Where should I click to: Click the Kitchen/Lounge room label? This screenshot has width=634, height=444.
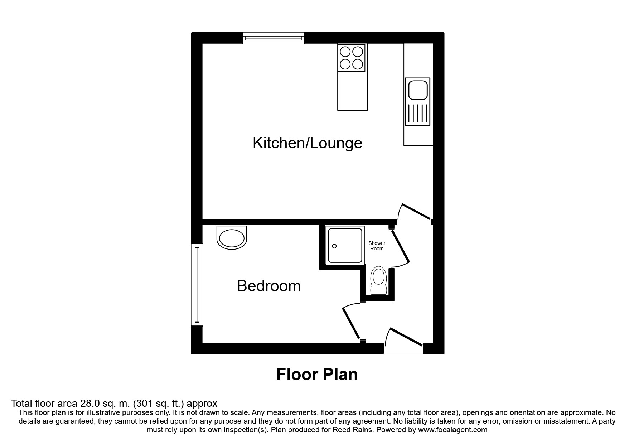tap(308, 143)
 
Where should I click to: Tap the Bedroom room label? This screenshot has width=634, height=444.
tap(269, 286)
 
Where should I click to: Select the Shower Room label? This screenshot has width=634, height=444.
tap(377, 246)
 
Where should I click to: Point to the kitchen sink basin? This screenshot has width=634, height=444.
tap(417, 90)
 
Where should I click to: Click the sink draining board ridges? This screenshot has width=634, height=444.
tap(417, 113)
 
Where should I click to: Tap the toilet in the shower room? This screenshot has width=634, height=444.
tap(379, 281)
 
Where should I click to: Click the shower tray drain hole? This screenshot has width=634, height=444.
tap(334, 246)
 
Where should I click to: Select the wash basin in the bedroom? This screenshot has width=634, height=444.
tap(232, 237)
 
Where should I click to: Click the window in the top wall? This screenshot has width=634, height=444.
tap(274, 38)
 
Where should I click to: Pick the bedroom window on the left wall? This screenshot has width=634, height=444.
tap(197, 285)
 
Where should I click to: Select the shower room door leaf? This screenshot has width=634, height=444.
tap(400, 246)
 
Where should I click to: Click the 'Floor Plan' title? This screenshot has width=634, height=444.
tap(317, 375)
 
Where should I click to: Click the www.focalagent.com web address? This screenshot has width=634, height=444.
tap(452, 430)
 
